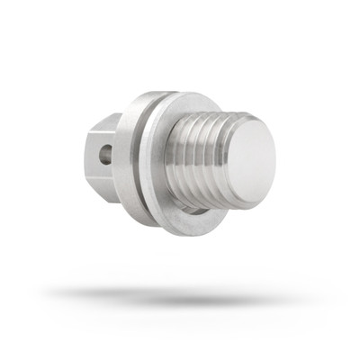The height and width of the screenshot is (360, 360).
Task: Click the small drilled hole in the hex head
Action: click(x=106, y=154)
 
